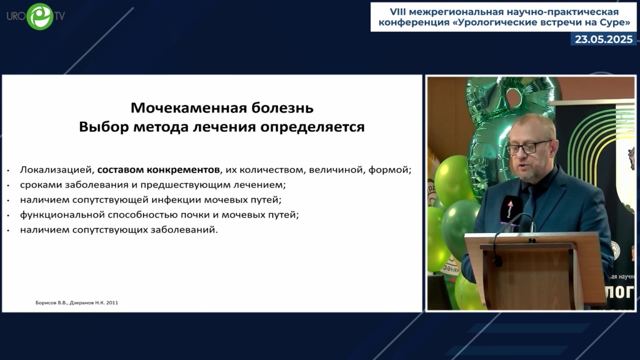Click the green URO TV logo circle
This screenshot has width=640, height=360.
coord(40,17)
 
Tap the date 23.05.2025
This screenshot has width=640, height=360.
coord(604,39)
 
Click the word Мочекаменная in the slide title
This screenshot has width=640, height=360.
coord(188,107)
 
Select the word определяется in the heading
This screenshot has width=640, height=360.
coord(312,127)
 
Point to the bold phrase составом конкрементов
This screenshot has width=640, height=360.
coord(158,169)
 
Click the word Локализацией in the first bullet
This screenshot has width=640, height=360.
coord(57,170)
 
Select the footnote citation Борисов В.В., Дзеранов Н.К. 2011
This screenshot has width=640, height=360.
coord(77,303)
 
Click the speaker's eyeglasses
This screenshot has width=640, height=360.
coord(528,147)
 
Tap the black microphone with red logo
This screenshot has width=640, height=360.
coord(510,208)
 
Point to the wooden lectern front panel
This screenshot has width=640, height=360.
coord(531,277)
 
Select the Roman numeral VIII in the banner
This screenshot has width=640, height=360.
coord(398,12)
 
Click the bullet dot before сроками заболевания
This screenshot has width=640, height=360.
coord(8,185)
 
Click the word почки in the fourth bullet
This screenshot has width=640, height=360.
coord(194,215)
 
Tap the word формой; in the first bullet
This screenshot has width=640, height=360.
coord(390,170)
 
